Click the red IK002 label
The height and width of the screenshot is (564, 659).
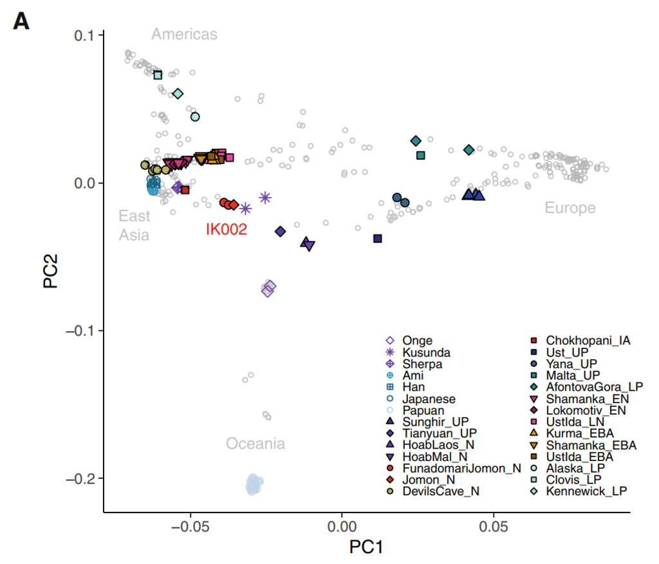pyautogui.click(x=227, y=229)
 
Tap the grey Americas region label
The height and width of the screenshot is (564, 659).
pyautogui.click(x=184, y=34)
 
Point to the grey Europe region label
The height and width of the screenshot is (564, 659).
pyautogui.click(x=570, y=207)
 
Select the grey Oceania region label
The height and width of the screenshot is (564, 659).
pyautogui.click(x=255, y=444)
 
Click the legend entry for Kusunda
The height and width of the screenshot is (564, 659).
pyautogui.click(x=425, y=352)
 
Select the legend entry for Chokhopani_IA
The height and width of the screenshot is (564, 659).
pyautogui.click(x=587, y=341)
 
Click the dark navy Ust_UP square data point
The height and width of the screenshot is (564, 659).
pyautogui.click(x=377, y=238)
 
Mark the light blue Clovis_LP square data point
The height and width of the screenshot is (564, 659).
pyautogui.click(x=158, y=75)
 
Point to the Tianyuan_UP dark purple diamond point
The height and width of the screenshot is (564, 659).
pyautogui.click(x=280, y=231)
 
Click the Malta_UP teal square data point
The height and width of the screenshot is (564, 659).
pyautogui.click(x=421, y=155)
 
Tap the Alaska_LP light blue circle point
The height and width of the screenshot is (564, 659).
pyautogui.click(x=195, y=117)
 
